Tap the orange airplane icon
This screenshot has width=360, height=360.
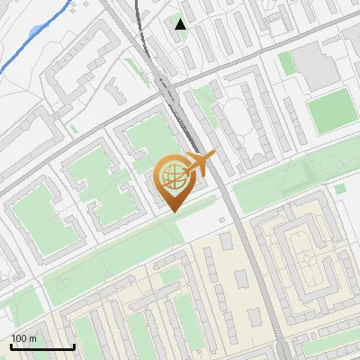pos(199,163)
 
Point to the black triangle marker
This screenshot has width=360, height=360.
pos(181,24)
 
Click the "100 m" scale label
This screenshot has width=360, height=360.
pos(24,338)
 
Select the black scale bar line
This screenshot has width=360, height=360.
pos(42,347)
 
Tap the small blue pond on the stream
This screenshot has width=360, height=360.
pos(35,31)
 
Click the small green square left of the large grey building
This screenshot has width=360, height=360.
pos(287,63)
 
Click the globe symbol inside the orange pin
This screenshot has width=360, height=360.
pos(171,176)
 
